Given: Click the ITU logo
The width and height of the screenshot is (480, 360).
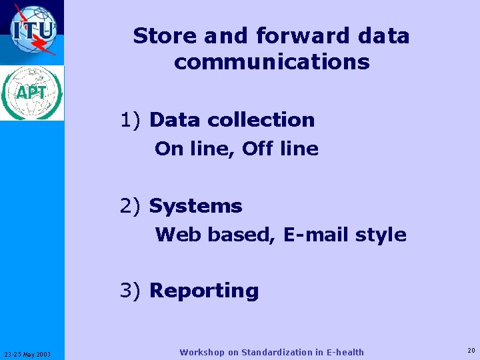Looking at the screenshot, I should click(32, 31).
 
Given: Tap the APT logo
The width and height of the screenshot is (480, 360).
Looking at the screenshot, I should click(32, 93).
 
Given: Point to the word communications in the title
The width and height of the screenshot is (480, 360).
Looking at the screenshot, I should click(271, 62).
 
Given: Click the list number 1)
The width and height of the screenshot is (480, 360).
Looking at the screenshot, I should click(131, 120).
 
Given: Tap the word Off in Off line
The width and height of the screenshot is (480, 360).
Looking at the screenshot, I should click(258, 149).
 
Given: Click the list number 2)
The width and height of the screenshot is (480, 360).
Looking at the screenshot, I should click(131, 206).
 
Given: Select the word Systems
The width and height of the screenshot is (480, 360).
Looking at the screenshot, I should click(195, 206).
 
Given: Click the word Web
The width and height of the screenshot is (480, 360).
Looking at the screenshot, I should click(177, 235).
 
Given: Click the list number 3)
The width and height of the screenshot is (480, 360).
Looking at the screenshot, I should click(131, 291).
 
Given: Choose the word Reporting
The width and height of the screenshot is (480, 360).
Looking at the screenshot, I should click(204, 291).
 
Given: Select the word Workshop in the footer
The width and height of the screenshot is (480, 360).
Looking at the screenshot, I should click(203, 352).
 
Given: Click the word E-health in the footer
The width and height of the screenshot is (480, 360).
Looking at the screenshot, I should click(344, 352).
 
